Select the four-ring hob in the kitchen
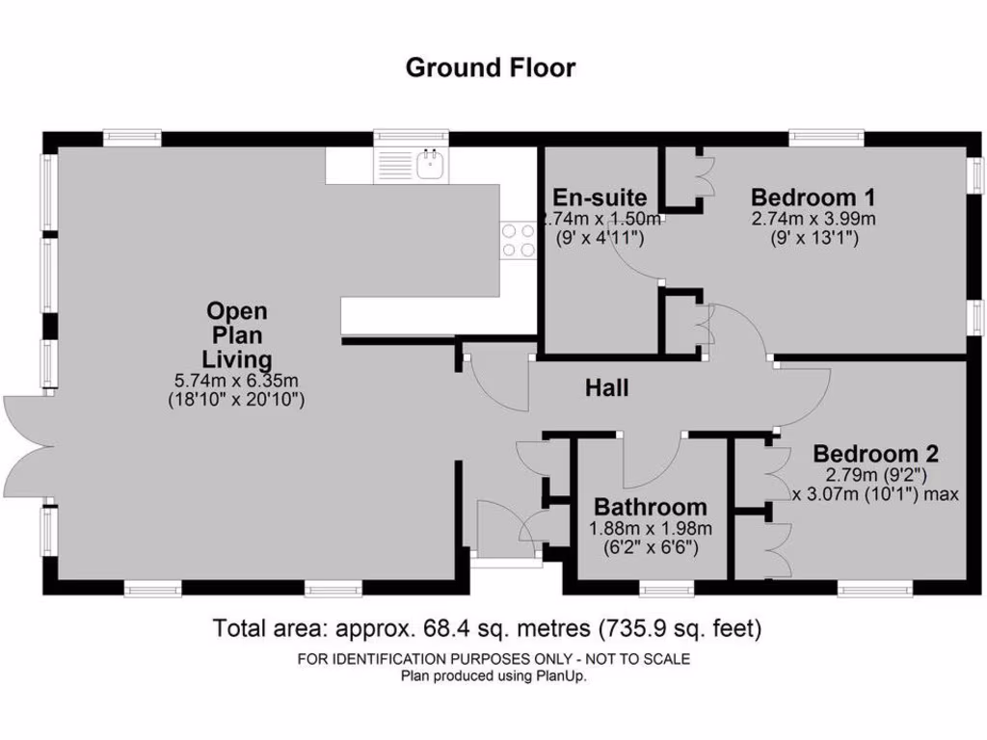[x=518, y=240]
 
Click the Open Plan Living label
[x=237, y=335]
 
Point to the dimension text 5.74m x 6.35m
[x=237, y=381]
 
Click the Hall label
[x=607, y=388]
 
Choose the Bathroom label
[x=650, y=507]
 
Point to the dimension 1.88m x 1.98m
[x=650, y=528]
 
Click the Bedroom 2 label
[x=875, y=454]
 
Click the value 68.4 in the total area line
[x=445, y=629]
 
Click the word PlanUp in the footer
[x=561, y=676]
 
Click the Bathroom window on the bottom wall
[x=667, y=588]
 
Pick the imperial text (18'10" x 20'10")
[x=237, y=399]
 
